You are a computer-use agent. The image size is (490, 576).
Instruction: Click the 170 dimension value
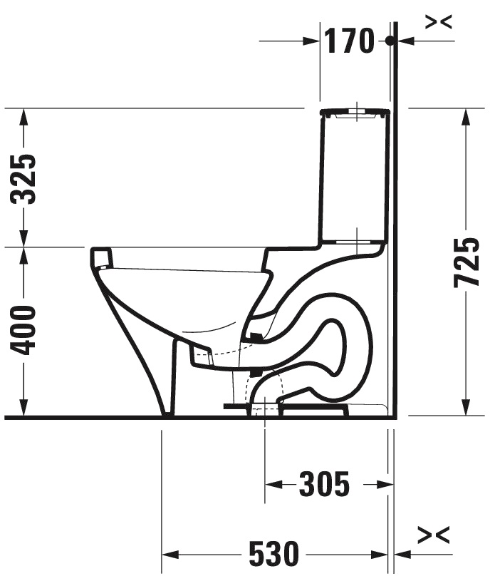(x=349, y=41)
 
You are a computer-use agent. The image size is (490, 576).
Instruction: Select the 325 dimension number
(x=26, y=179)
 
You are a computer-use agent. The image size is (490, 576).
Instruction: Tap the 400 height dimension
(x=26, y=330)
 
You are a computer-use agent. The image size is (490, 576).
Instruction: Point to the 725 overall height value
(x=466, y=262)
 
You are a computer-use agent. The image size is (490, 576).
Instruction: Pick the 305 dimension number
(x=324, y=485)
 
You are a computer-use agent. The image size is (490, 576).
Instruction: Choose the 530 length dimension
(x=273, y=553)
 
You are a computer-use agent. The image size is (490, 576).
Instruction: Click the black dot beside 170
(x=390, y=41)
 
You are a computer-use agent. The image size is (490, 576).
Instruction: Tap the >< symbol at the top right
(x=438, y=22)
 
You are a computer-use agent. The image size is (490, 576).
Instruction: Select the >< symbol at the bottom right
(x=434, y=534)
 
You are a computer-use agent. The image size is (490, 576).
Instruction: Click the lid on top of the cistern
(x=355, y=112)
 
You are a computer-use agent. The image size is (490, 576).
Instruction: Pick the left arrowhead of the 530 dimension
(x=170, y=553)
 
